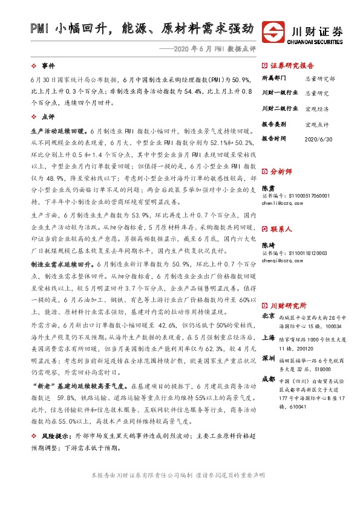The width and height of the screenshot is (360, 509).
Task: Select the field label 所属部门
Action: (x=275, y=79)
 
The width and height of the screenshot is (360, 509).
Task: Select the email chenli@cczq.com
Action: (x=284, y=204)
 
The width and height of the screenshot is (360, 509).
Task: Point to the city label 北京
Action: (x=268, y=317)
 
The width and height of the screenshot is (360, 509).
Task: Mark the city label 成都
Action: (x=268, y=379)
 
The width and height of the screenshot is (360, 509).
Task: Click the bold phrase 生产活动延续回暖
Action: (x=58, y=130)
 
